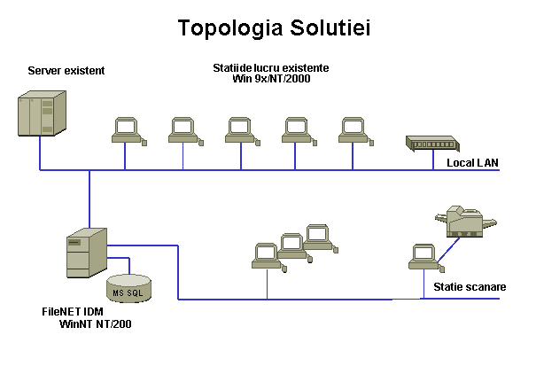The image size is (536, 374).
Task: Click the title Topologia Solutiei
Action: click(274, 27)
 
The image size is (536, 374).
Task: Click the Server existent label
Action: click(66, 70)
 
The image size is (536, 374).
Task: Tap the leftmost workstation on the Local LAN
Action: click(127, 130)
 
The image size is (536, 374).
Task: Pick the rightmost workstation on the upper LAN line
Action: click(353, 130)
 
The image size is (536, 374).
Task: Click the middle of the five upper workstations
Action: click(239, 130)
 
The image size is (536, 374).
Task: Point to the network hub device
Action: click(430, 143)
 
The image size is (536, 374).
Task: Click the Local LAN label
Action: click(473, 162)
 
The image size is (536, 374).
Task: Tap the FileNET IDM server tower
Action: click(86, 252)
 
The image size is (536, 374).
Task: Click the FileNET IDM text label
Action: click(78, 312)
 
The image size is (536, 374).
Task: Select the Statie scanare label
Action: click(470, 287)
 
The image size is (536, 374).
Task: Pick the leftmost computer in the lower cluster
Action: click(266, 255)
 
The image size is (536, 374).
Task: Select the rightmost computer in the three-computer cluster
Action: click(317, 236)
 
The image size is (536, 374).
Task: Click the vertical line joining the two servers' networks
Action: click(89, 199)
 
